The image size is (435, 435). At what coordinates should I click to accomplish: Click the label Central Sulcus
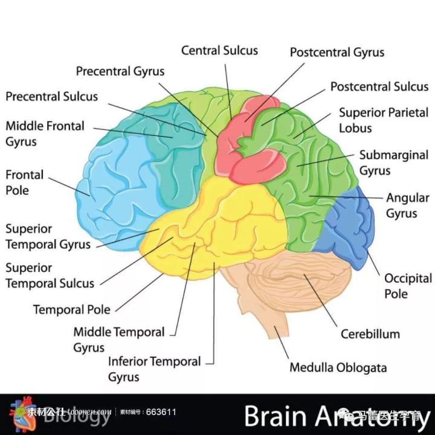click(x=219, y=51)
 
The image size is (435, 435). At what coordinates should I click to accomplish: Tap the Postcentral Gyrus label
click(x=337, y=53)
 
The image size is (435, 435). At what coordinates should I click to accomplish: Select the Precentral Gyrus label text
click(x=120, y=71)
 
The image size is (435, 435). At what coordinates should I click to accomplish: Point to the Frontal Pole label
click(x=25, y=182)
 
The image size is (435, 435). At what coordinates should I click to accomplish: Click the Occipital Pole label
click(x=404, y=286)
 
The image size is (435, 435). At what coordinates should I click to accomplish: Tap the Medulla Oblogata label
click(x=338, y=367)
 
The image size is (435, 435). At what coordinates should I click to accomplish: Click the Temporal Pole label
click(x=71, y=310)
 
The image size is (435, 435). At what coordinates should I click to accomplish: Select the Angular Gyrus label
click(x=407, y=205)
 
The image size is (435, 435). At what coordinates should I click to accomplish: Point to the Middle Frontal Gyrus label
click(x=45, y=134)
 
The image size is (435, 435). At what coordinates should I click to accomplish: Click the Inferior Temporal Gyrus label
click(x=154, y=369)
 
